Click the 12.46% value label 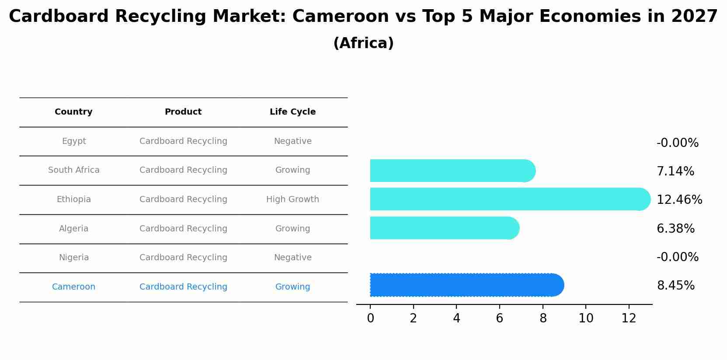coord(679,200)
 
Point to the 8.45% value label coord(675,286)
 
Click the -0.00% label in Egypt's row coord(677,143)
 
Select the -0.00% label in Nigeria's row coord(677,257)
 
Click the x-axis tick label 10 coord(586,319)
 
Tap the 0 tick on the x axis coord(370,319)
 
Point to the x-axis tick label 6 coord(500,319)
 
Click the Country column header coord(73,112)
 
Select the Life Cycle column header coord(292,112)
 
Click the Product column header coord(183,112)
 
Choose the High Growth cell coord(292,199)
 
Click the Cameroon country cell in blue coord(73,287)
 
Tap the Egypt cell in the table coord(74,141)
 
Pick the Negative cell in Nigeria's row coord(292,258)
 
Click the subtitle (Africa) coord(363,43)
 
